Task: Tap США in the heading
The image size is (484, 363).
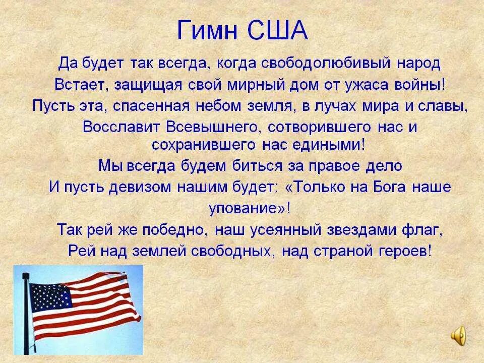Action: pyautogui.click(x=276, y=32)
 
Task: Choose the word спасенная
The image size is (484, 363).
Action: pyautogui.click(x=160, y=106)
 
